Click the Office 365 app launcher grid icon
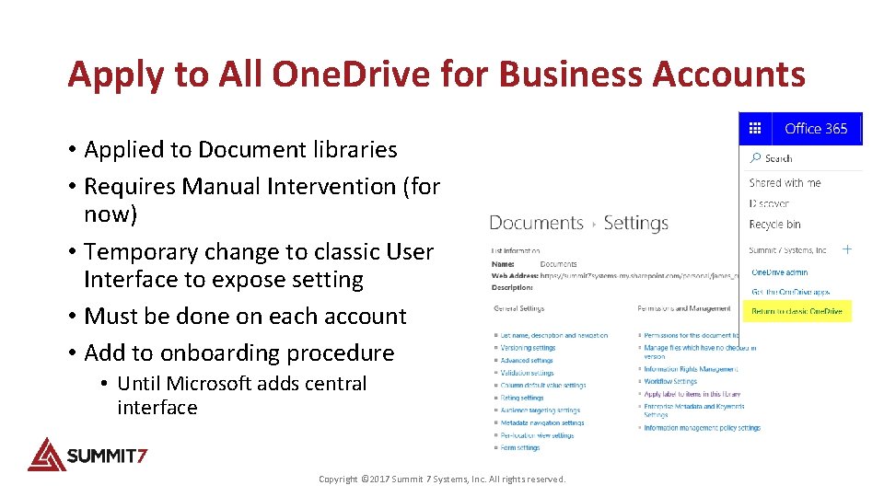(755, 129)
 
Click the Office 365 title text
(815, 129)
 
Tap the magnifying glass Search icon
(755, 158)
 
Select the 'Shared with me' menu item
(785, 183)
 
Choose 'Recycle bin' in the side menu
(774, 224)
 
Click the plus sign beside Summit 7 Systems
(847, 249)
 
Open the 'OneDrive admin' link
(779, 272)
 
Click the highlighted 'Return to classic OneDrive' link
(797, 311)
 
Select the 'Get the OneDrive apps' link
(790, 292)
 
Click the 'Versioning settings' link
(528, 348)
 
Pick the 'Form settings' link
(520, 448)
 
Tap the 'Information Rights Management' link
(691, 369)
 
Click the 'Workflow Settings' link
(670, 381)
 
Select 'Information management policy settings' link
(702, 428)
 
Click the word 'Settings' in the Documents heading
(635, 223)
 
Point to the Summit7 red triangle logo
(45, 454)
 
